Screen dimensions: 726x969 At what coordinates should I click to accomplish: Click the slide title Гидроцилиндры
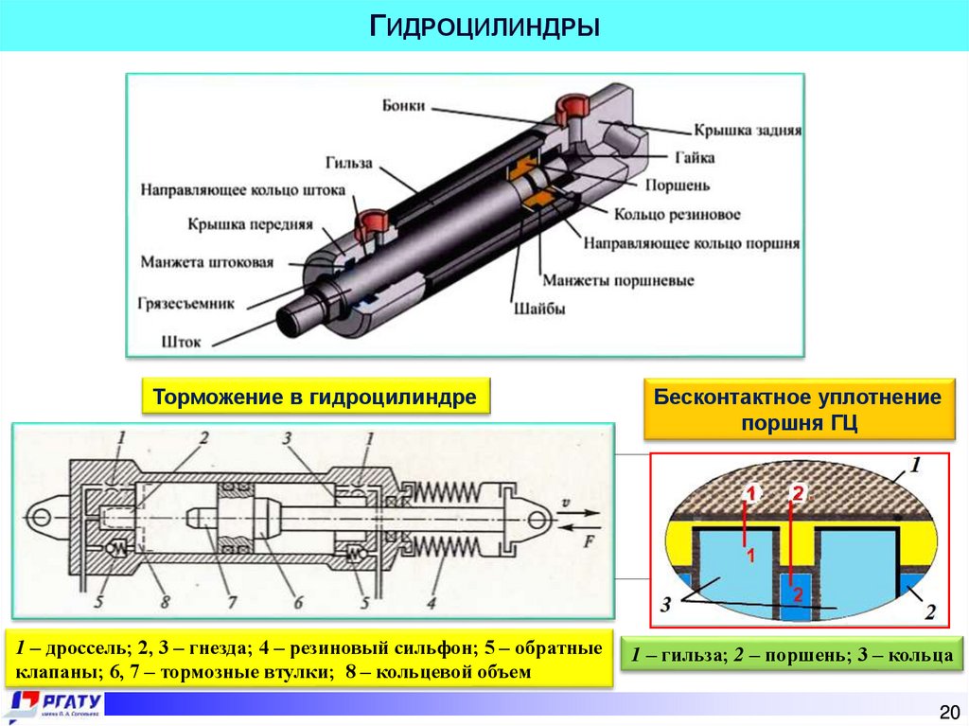tap(484, 25)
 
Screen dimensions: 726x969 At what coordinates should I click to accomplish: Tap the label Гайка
tap(695, 157)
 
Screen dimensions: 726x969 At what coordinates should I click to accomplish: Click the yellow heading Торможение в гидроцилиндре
tap(315, 397)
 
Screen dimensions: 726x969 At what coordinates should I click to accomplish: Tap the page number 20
tap(948, 711)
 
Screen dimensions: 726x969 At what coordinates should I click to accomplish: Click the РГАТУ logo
tap(57, 705)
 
